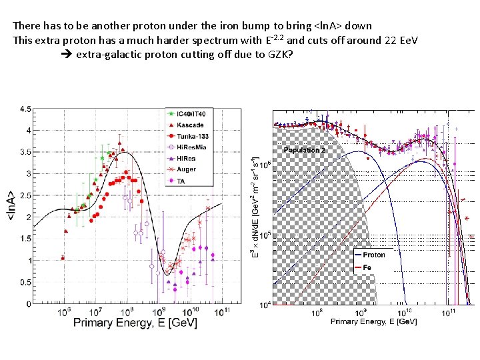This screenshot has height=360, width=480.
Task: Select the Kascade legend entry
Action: pos(187,125)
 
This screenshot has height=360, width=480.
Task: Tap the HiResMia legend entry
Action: pos(189,147)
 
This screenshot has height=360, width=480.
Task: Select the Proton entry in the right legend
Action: pos(373,255)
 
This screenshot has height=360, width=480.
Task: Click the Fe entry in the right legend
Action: pos(367,267)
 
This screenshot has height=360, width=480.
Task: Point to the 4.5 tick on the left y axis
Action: pos(24,109)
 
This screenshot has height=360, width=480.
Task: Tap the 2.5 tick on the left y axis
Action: pos(24,195)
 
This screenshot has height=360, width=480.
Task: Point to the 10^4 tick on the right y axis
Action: pos(266,305)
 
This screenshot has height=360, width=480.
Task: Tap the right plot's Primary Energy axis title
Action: pos(373,321)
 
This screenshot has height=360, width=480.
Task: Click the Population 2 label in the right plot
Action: pos(304,150)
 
